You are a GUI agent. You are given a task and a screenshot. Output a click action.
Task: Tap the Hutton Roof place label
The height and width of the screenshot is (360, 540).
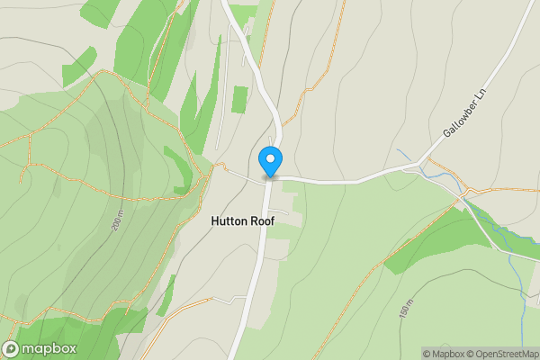click(x=243, y=220)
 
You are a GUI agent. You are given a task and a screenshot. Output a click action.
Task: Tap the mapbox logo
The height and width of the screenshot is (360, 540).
click(x=40, y=349)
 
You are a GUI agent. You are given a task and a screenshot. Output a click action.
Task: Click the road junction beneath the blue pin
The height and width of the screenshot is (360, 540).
click(x=269, y=178)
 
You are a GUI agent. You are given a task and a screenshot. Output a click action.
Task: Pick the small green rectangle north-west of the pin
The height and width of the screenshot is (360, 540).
click(x=239, y=99)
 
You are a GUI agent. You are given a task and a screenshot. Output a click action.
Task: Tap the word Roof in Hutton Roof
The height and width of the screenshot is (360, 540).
click(x=261, y=220)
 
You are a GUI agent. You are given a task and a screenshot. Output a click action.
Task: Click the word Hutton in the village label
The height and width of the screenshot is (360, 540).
click(x=229, y=220)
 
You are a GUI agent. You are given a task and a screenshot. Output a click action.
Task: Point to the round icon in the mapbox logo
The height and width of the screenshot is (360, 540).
click(x=12, y=349)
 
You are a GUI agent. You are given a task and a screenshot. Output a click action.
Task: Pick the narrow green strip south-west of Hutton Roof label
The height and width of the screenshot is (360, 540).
click(x=166, y=296)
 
